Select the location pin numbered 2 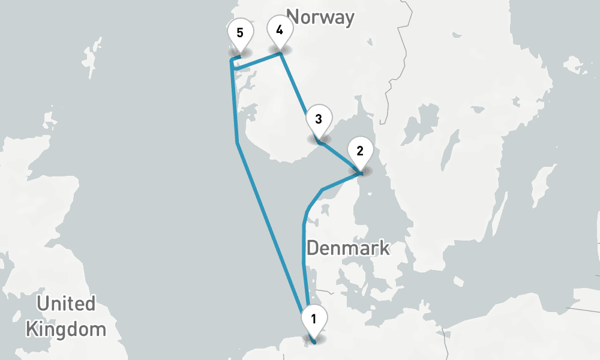point(360,152)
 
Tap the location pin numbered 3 point(319,119)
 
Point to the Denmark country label point(348,247)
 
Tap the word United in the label point(66,304)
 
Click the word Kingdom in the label point(66,329)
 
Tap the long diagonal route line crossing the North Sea point(270,228)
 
